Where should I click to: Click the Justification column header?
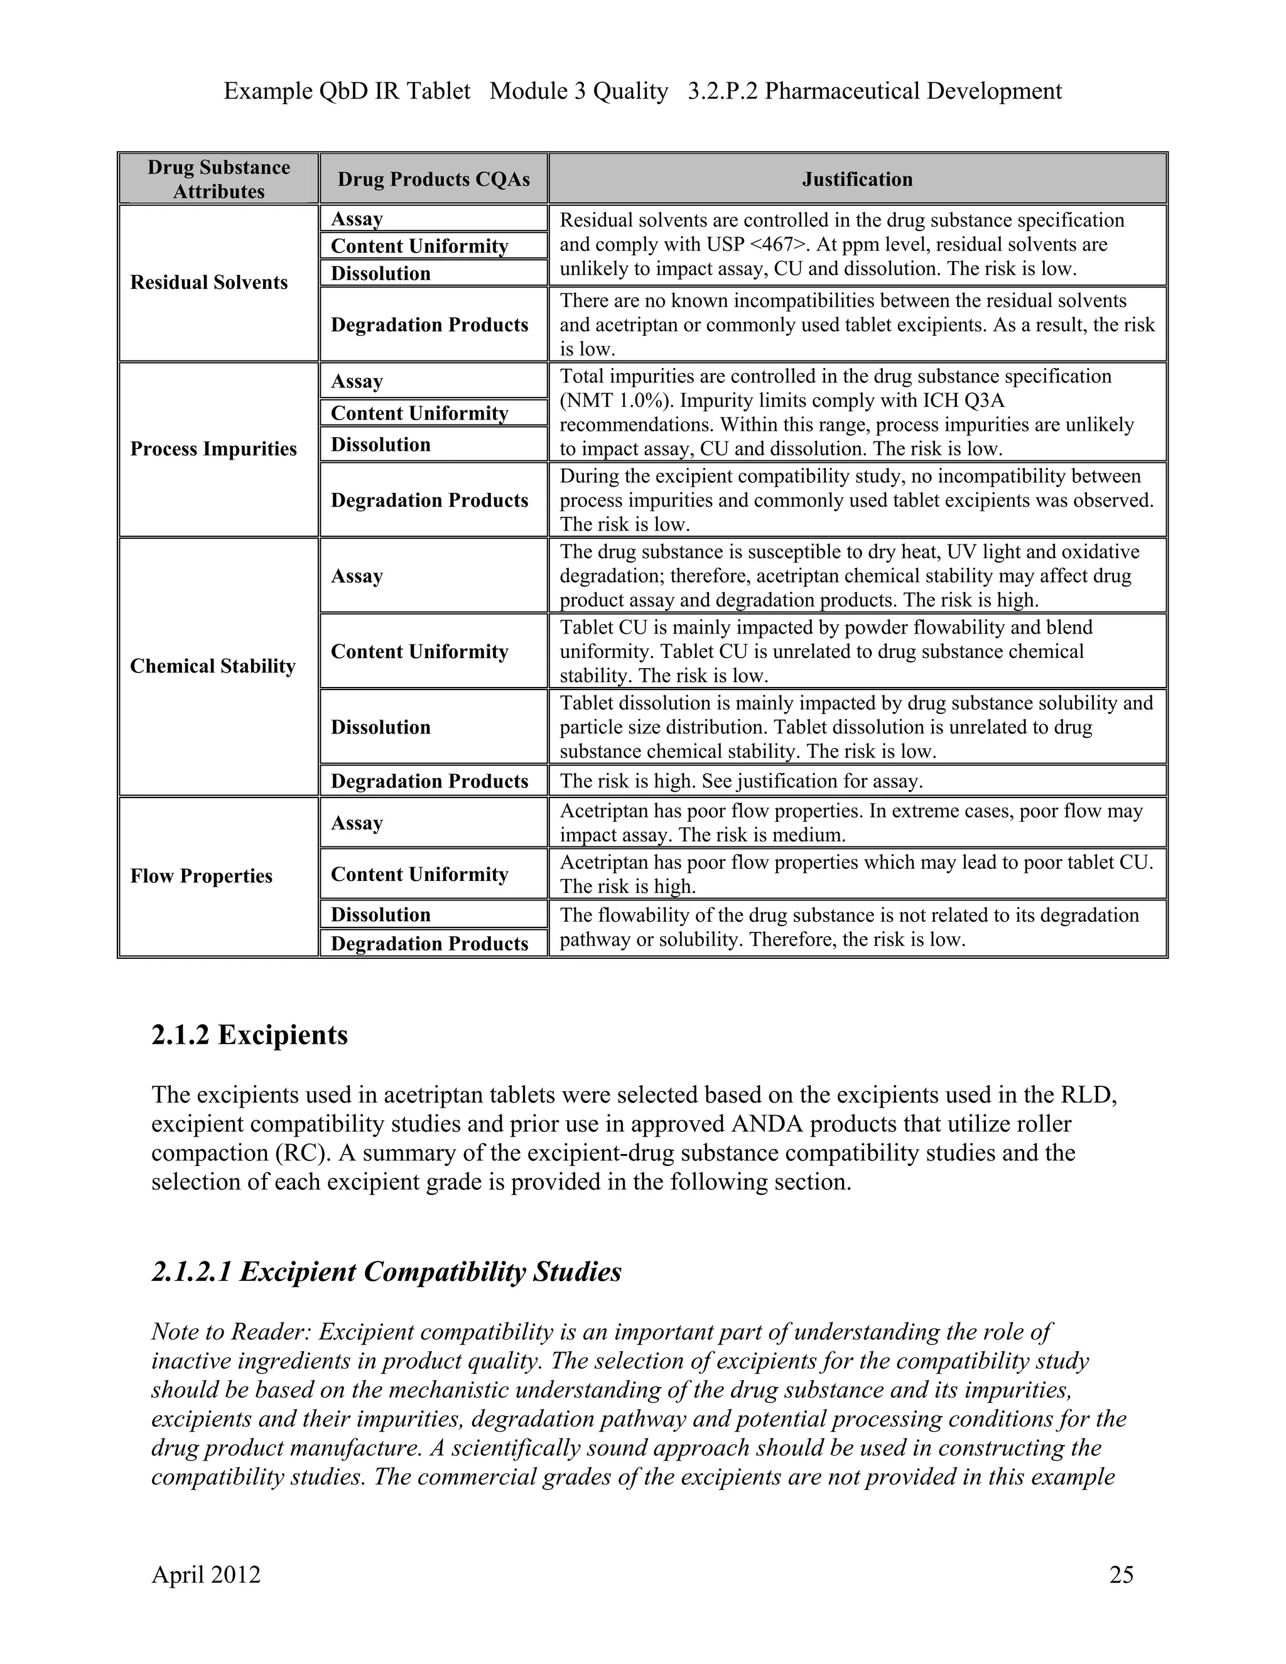(856, 179)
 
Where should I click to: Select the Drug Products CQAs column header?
(433, 179)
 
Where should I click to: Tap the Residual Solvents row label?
(208, 282)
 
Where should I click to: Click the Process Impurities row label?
(213, 449)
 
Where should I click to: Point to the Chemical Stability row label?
(213, 666)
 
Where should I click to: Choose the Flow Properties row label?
(201, 876)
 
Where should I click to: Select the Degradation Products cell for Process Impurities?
(429, 500)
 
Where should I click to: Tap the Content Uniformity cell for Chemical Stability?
(419, 651)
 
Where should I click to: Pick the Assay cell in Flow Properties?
(357, 823)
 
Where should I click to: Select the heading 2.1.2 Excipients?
(249, 1035)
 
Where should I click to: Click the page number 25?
(1121, 1574)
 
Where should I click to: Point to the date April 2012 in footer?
(206, 1574)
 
